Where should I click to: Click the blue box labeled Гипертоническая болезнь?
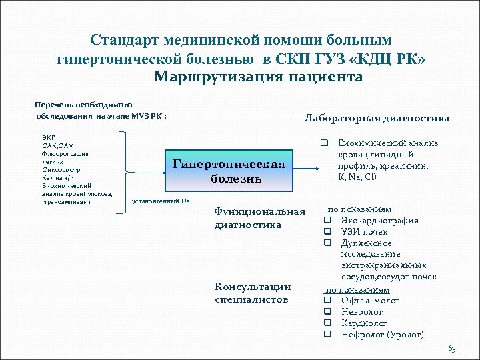tap(228, 172)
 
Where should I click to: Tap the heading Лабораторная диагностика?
tap(377, 118)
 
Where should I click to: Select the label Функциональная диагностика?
tap(259, 218)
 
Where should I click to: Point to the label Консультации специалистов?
tap(253, 293)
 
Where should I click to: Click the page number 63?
tap(452, 349)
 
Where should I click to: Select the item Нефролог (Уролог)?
tap(382, 334)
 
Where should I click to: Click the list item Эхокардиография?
tap(379, 221)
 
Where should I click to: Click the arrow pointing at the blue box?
tap(147, 172)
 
